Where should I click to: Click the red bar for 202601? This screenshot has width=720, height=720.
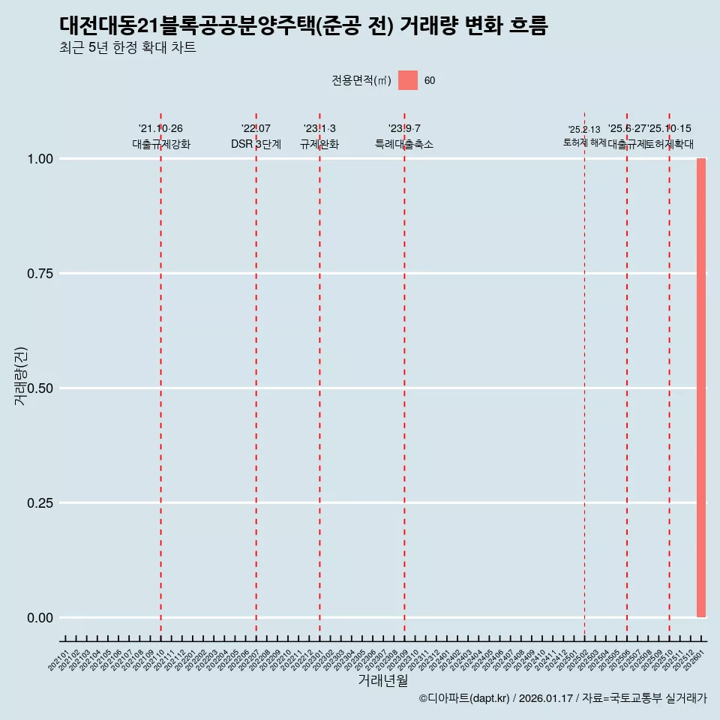pyautogui.click(x=701, y=388)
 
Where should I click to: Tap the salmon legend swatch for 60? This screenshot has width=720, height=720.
pyautogui.click(x=407, y=80)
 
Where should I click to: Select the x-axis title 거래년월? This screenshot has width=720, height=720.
pyautogui.click(x=382, y=680)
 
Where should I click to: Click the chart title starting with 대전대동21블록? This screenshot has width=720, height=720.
pyautogui.click(x=304, y=25)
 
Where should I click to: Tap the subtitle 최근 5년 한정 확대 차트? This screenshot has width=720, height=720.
pyautogui.click(x=127, y=48)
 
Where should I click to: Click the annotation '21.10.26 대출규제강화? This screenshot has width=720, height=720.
pyautogui.click(x=161, y=136)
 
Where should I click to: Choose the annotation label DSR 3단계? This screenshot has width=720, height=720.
pyautogui.click(x=256, y=144)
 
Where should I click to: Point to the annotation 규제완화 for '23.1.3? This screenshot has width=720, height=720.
pyautogui.click(x=319, y=144)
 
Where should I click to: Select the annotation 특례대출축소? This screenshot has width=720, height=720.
pyautogui.click(x=404, y=144)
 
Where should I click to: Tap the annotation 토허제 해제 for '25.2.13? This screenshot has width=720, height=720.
pyautogui.click(x=584, y=142)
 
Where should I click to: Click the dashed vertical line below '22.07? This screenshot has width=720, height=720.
pyautogui.click(x=256, y=375)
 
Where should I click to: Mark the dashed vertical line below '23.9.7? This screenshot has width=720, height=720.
pyautogui.click(x=404, y=375)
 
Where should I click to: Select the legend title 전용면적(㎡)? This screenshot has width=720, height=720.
pyautogui.click(x=361, y=80)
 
